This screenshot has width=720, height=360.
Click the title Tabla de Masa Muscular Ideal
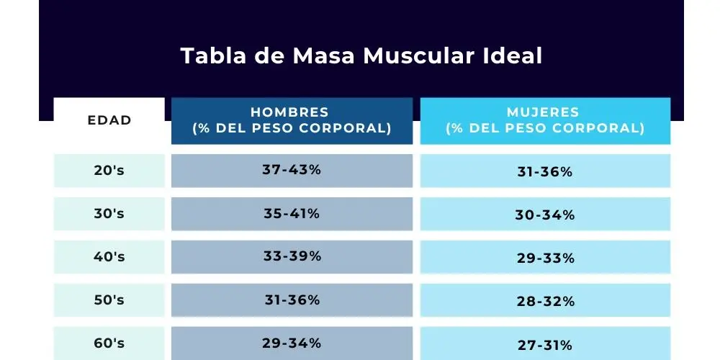[x=361, y=56]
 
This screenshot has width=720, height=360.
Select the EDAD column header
[x=109, y=120]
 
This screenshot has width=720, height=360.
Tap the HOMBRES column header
[x=292, y=120]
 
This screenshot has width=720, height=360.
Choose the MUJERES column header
[x=545, y=120]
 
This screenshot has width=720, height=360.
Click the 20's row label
[x=109, y=171]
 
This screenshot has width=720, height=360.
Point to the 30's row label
[x=109, y=214]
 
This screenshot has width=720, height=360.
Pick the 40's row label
[x=109, y=257]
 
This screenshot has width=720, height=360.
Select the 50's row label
[x=109, y=300]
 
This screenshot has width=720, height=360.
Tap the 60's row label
[x=109, y=343]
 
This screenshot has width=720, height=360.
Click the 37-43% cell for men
[x=292, y=171]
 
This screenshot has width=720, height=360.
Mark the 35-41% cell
[x=292, y=214]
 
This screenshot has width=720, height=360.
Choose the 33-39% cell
[x=292, y=257]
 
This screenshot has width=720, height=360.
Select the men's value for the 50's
[x=292, y=300]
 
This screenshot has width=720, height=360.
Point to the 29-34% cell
[x=292, y=343]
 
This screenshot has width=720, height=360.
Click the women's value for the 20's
[x=545, y=172]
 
